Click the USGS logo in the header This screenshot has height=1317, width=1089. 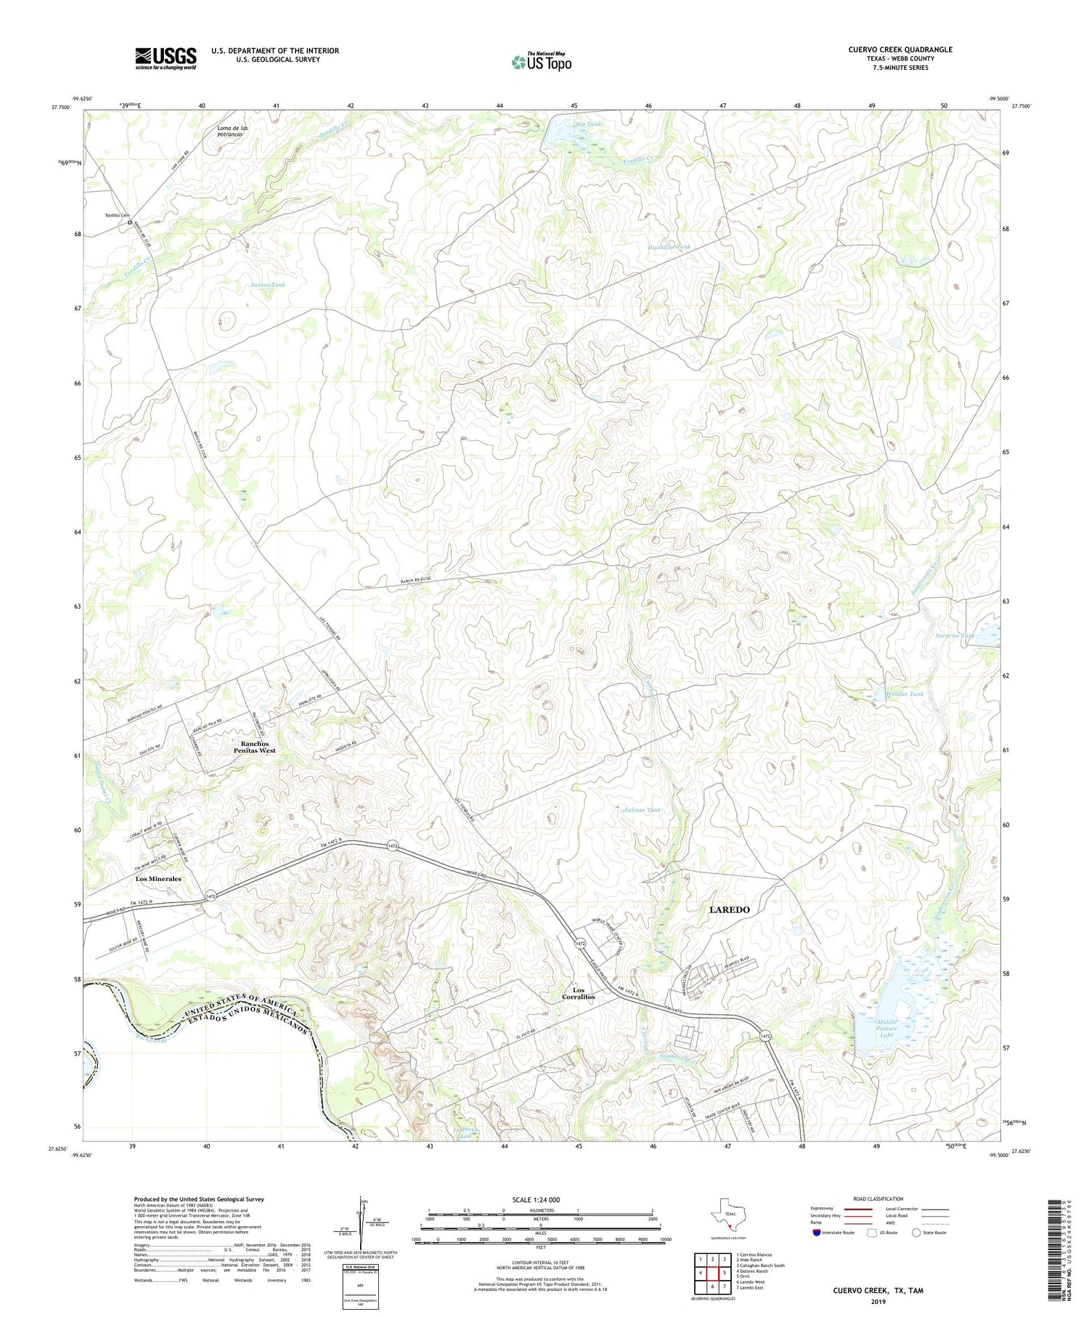(166, 58)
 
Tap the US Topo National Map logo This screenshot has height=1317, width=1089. (541, 62)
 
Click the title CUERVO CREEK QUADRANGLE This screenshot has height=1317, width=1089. (900, 49)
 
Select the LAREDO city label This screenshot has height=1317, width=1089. (729, 909)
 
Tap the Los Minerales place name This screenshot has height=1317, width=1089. (158, 878)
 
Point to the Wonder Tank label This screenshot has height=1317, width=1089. (904, 694)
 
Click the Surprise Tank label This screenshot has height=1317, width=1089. (954, 636)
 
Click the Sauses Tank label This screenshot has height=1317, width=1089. (268, 285)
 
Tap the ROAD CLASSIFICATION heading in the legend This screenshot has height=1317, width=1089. (878, 1199)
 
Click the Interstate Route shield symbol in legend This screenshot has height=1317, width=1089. (816, 1233)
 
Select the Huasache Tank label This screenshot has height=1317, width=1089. (669, 247)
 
